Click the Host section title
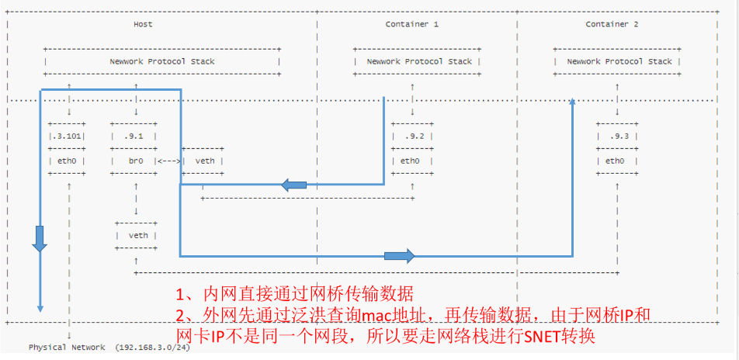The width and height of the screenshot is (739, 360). click(x=143, y=25)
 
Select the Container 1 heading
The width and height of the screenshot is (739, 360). click(x=411, y=25)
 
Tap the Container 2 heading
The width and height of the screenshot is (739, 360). click(x=612, y=25)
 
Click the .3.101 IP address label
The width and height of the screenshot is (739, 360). click(x=68, y=137)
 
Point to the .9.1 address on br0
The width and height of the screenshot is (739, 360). click(x=135, y=137)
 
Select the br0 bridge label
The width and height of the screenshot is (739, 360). click(x=136, y=161)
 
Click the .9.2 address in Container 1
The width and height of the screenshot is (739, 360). click(x=412, y=137)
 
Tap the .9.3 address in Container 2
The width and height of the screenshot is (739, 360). click(x=618, y=137)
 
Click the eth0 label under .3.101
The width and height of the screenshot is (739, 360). click(x=67, y=161)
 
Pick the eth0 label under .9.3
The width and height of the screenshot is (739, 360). click(x=616, y=161)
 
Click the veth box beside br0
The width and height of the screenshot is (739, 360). click(x=205, y=161)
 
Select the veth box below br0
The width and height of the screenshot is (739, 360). click(x=137, y=235)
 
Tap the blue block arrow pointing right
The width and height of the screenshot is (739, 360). click(x=400, y=255)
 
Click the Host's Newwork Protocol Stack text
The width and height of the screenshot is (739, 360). click(x=161, y=62)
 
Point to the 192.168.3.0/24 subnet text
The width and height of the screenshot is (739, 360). click(x=152, y=348)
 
